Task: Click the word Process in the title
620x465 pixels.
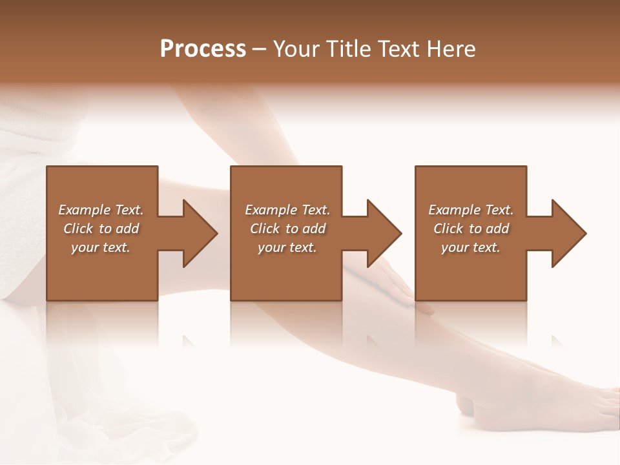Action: tap(203, 49)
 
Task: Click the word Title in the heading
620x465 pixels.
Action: tap(347, 49)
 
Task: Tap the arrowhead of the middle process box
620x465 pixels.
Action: tap(384, 233)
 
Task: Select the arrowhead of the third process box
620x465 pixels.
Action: tap(568, 233)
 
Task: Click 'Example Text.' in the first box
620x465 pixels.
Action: tap(101, 210)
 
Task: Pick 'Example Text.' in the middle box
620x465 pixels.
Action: tap(287, 210)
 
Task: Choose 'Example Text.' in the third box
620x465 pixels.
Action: tap(471, 210)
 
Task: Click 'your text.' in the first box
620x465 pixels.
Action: tap(101, 247)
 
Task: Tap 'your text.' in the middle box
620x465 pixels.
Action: tap(287, 247)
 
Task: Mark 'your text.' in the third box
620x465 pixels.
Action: tap(471, 247)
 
